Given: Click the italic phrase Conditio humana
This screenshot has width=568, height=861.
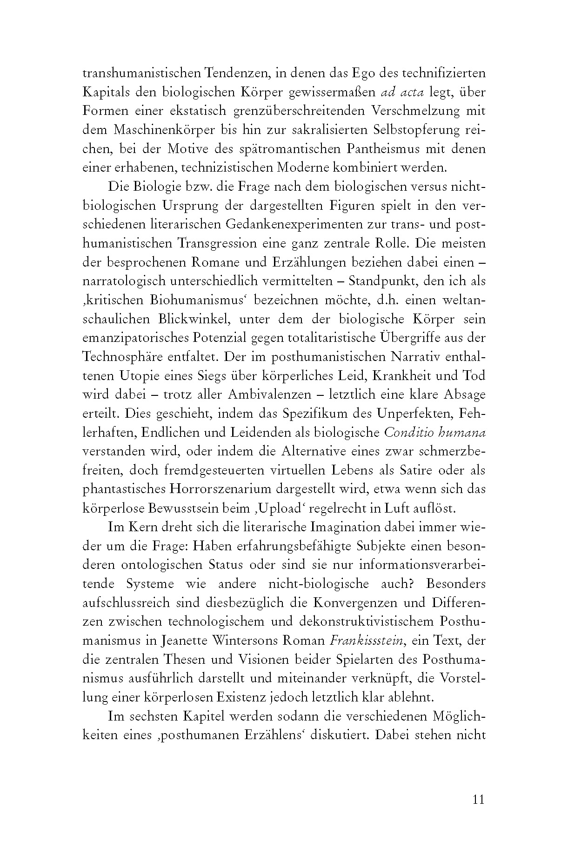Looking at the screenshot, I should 435,432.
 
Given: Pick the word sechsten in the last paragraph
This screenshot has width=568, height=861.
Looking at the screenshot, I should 153,716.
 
